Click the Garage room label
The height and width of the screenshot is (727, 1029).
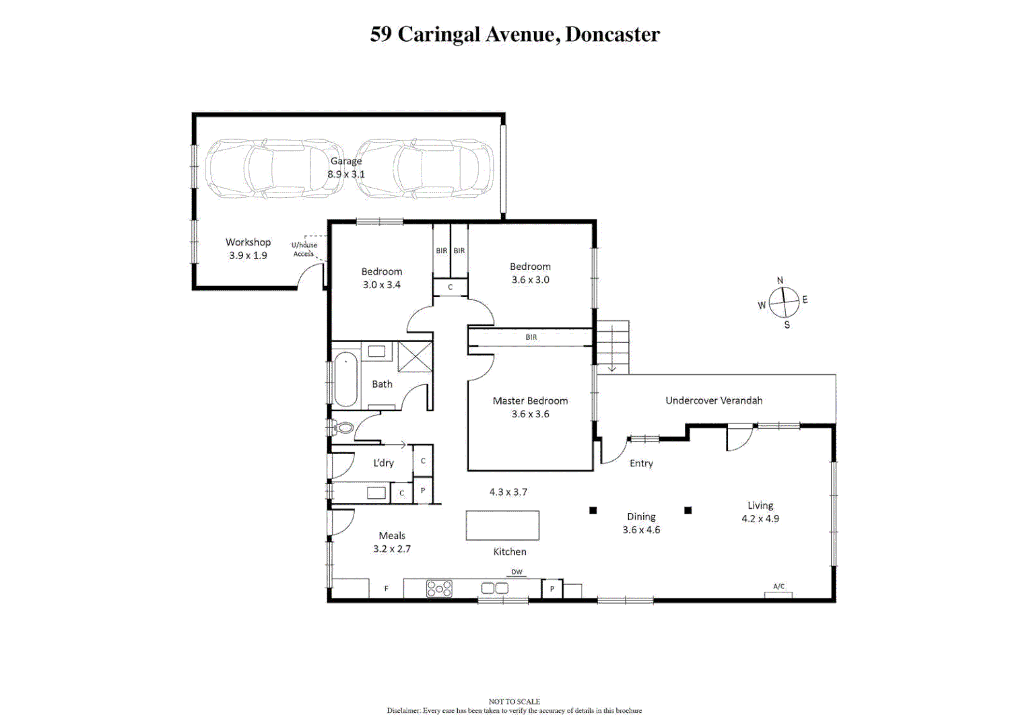pyautogui.click(x=345, y=162)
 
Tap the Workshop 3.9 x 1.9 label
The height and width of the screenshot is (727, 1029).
pyautogui.click(x=248, y=248)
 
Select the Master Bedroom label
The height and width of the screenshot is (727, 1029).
pyautogui.click(x=530, y=401)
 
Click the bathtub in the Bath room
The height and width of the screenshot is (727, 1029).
pyautogui.click(x=346, y=379)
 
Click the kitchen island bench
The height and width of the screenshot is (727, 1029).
pyautogui.click(x=502, y=525)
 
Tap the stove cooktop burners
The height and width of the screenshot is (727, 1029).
pyautogui.click(x=439, y=589)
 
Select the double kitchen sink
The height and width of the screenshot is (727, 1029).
pyautogui.click(x=495, y=588)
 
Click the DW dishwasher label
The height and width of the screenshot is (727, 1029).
pyautogui.click(x=517, y=572)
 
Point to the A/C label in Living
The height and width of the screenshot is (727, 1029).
pyautogui.click(x=778, y=586)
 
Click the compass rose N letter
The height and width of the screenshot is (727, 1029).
pyautogui.click(x=780, y=281)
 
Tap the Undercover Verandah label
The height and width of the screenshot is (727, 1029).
pyautogui.click(x=714, y=401)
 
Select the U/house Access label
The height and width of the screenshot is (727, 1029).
pyautogui.click(x=304, y=249)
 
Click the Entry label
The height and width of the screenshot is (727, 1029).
pyautogui.click(x=641, y=463)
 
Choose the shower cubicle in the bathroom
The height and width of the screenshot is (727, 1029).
pyautogui.click(x=415, y=357)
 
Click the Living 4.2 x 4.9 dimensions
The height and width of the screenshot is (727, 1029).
pyautogui.click(x=760, y=519)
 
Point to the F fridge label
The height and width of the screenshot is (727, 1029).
pyautogui.click(x=387, y=589)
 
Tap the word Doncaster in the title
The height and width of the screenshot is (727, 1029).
pyautogui.click(x=612, y=34)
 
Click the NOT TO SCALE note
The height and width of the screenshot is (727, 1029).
pyautogui.click(x=514, y=701)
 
